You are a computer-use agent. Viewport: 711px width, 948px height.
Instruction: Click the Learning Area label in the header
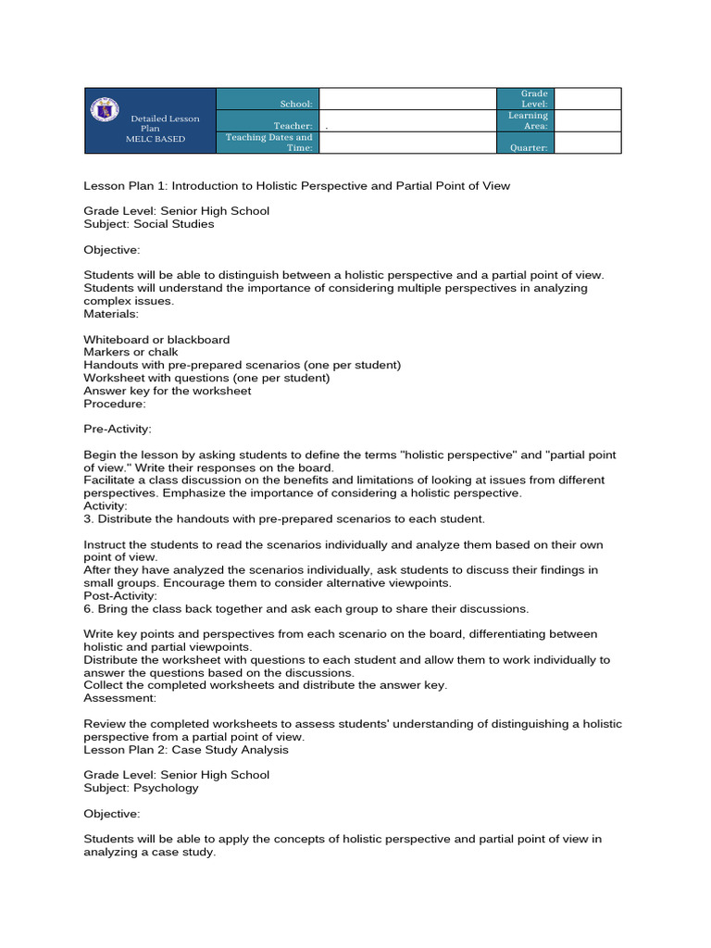point(529,120)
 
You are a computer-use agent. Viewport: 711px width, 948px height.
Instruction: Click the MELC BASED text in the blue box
point(156,139)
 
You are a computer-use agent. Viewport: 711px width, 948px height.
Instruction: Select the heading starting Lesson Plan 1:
point(296,185)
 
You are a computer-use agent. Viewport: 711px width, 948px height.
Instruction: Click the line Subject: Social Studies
point(148,224)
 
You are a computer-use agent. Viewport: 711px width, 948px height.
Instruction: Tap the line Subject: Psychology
point(141,788)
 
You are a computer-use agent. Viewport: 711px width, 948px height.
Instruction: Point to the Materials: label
point(111,314)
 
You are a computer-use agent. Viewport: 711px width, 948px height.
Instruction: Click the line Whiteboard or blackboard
point(156,340)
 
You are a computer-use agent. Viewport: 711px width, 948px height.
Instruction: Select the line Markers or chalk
point(131,353)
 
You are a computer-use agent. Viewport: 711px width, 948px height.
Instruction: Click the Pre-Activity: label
point(118,430)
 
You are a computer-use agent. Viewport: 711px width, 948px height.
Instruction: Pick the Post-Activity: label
point(120,596)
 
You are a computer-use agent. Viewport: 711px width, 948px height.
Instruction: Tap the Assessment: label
point(119,698)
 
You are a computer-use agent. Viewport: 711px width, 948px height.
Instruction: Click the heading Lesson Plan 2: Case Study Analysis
point(186,750)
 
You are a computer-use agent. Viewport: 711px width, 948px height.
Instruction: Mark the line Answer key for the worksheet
point(167,391)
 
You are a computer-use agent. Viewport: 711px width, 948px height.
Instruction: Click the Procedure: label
point(115,404)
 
